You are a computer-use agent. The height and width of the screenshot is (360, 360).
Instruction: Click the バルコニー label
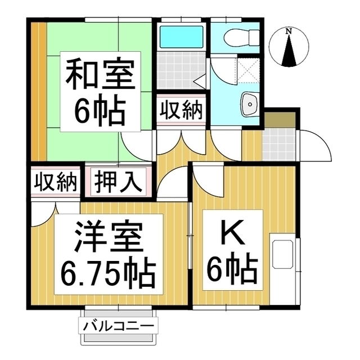pos(119,326)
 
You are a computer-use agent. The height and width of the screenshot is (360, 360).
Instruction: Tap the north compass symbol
pos(289,49)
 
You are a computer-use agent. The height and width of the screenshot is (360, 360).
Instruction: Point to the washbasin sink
pos(248,104)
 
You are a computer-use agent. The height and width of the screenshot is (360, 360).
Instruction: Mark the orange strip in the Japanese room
pos(38,90)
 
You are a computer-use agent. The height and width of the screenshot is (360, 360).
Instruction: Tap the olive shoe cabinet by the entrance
pos(280,120)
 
